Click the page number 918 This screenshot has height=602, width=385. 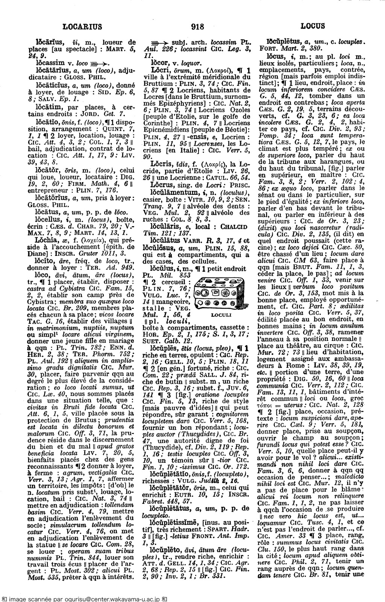click(x=197, y=26)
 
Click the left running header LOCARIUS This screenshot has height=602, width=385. click(x=82, y=26)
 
